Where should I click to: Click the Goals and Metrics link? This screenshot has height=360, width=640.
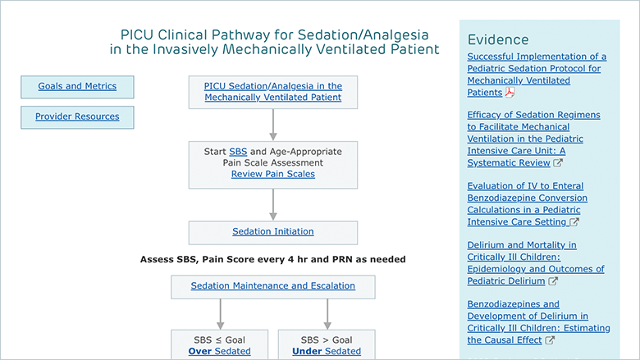[77, 86]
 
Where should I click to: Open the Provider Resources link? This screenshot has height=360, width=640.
[77, 116]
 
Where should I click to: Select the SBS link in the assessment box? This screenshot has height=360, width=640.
[238, 152]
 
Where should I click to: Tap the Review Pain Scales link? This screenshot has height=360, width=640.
[273, 174]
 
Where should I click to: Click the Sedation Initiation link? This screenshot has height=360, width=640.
[273, 231]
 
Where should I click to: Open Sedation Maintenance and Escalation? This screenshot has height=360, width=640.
[273, 286]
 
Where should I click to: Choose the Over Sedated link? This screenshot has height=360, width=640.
[220, 352]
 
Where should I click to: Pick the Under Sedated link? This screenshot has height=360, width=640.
[327, 352]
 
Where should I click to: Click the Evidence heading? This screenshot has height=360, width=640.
[498, 39]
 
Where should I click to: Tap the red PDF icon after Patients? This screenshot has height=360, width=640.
[510, 93]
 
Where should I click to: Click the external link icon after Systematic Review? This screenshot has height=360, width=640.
[558, 162]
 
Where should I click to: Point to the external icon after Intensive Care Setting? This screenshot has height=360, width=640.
[574, 221]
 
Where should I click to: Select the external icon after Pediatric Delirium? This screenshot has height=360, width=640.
[553, 281]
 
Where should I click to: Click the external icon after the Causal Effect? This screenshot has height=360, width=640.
[550, 340]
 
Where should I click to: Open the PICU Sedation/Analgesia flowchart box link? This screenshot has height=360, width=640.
[273, 92]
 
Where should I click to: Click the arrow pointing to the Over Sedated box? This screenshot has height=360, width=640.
[221, 314]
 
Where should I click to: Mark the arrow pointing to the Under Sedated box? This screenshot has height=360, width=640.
[327, 314]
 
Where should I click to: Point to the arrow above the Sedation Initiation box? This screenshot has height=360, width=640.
[273, 205]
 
